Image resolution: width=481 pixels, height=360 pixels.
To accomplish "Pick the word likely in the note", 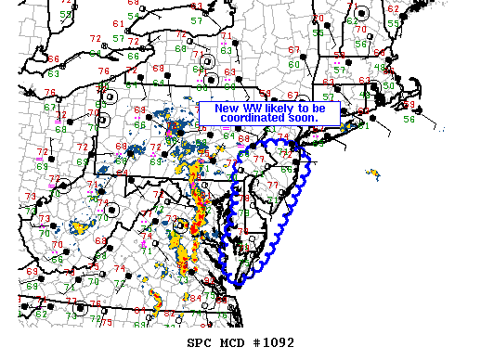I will [x=282, y=109].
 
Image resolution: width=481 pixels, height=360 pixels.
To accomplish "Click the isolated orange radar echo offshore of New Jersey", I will [x=373, y=174].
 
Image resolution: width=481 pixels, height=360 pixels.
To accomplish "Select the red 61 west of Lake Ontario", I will [x=118, y=23].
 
